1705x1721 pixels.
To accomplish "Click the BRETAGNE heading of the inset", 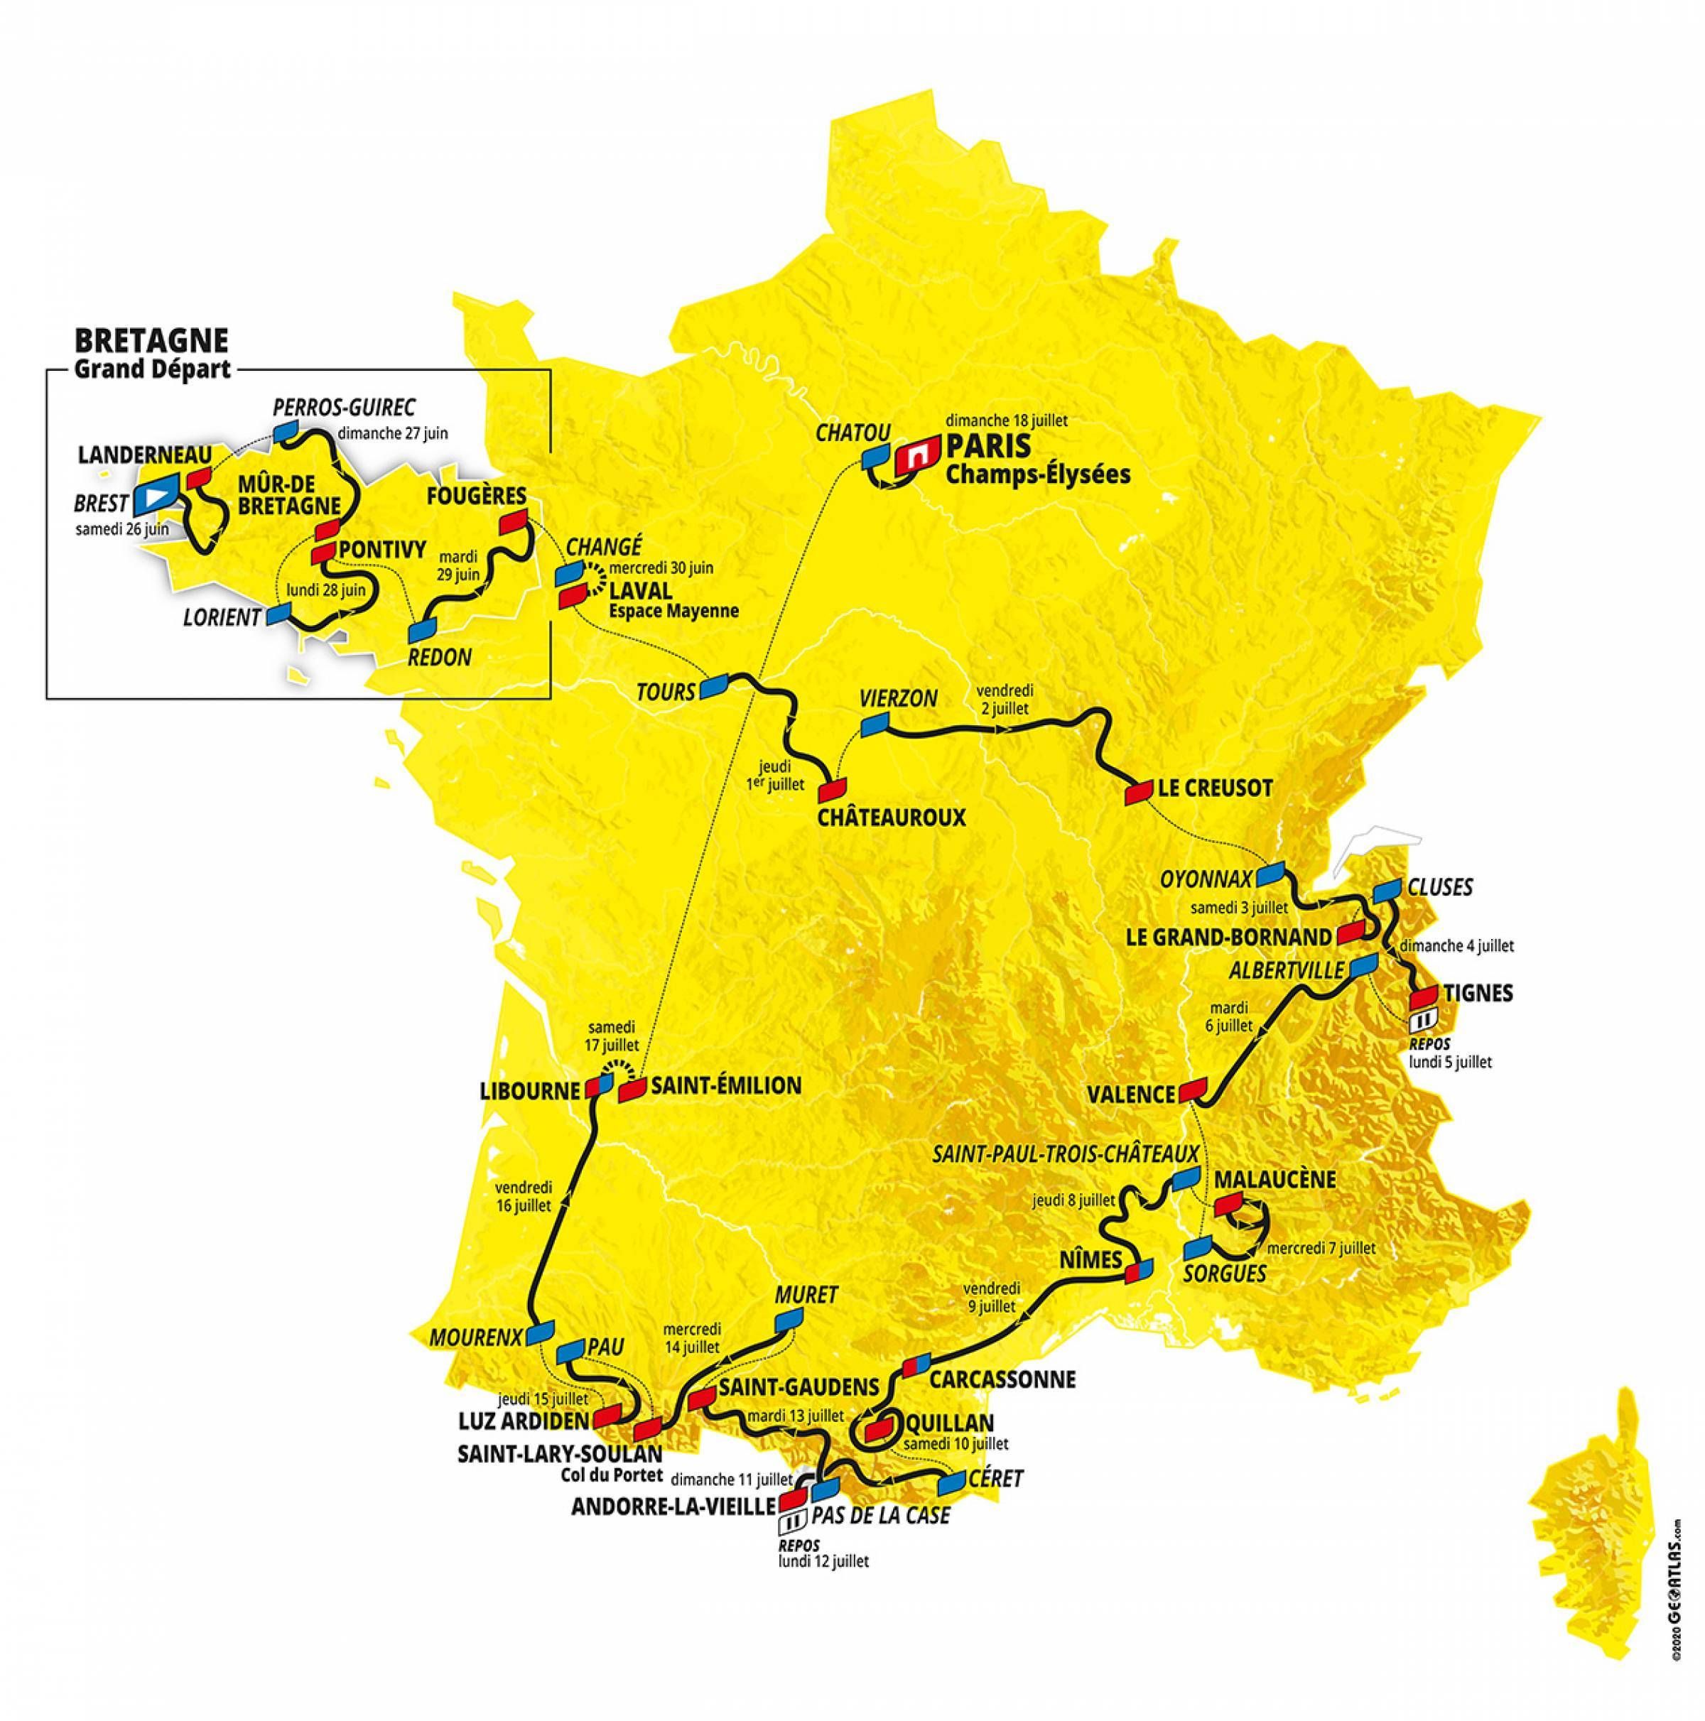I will [151, 340].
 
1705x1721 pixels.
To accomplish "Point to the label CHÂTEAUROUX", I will [892, 817].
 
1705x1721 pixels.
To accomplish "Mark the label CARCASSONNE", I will [1002, 1380].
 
